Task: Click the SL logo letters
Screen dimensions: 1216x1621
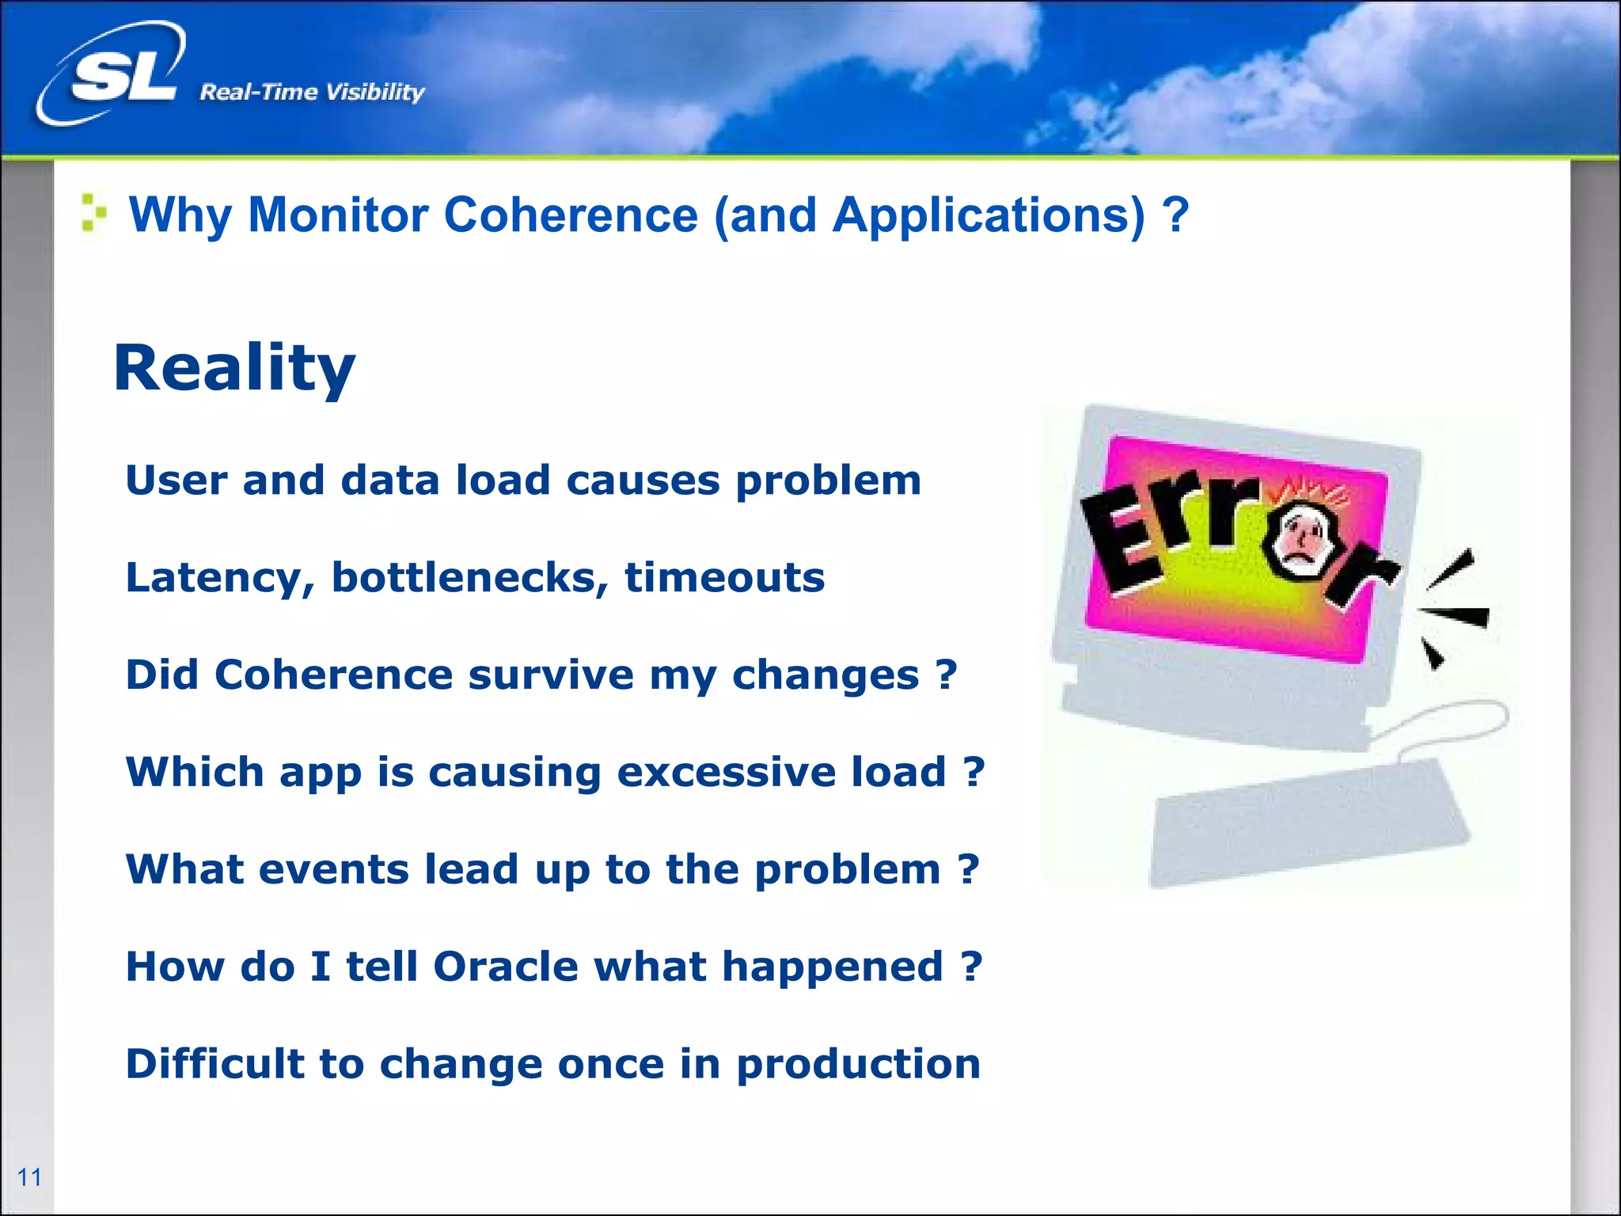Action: pos(123,77)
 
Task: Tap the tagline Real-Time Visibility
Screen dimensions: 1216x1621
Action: pos(312,93)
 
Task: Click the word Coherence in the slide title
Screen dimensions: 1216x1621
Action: pos(571,215)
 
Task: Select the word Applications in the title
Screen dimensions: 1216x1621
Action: pos(989,215)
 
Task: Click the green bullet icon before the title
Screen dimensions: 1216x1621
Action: pos(93,214)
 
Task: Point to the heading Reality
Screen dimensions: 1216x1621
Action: pos(234,369)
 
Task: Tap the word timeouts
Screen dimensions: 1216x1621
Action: pos(724,577)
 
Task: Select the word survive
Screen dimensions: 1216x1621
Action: pos(551,675)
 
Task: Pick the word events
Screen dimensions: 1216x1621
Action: pos(333,869)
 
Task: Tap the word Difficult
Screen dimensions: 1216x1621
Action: pos(214,1063)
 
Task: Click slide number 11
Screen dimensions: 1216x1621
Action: pos(29,1177)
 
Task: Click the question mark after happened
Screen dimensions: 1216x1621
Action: pos(972,967)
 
